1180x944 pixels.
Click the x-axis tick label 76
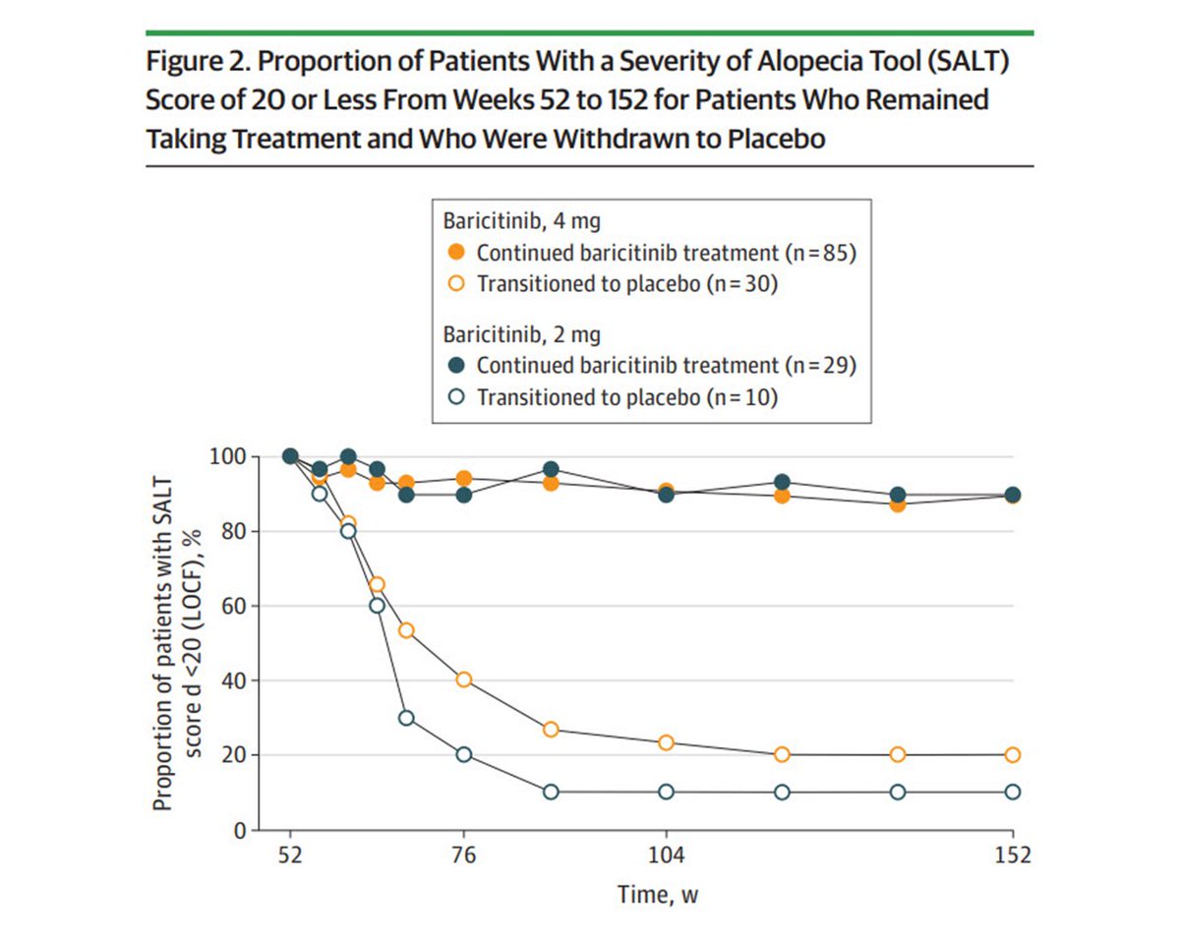click(463, 855)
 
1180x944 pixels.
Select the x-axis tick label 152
click(1012, 855)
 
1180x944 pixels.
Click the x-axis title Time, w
click(649, 895)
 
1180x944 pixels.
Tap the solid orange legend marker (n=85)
click(455, 252)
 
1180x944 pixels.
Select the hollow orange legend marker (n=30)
click(455, 285)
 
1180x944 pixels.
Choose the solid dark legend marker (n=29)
click(455, 365)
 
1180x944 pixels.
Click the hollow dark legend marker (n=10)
click(455, 398)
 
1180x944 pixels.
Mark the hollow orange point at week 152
click(1012, 754)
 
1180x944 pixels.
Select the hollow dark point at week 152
click(1012, 792)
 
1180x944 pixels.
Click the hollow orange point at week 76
click(464, 679)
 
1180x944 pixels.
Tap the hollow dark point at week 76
click(464, 754)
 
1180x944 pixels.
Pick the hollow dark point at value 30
click(406, 717)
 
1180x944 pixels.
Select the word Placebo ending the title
click(771, 139)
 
